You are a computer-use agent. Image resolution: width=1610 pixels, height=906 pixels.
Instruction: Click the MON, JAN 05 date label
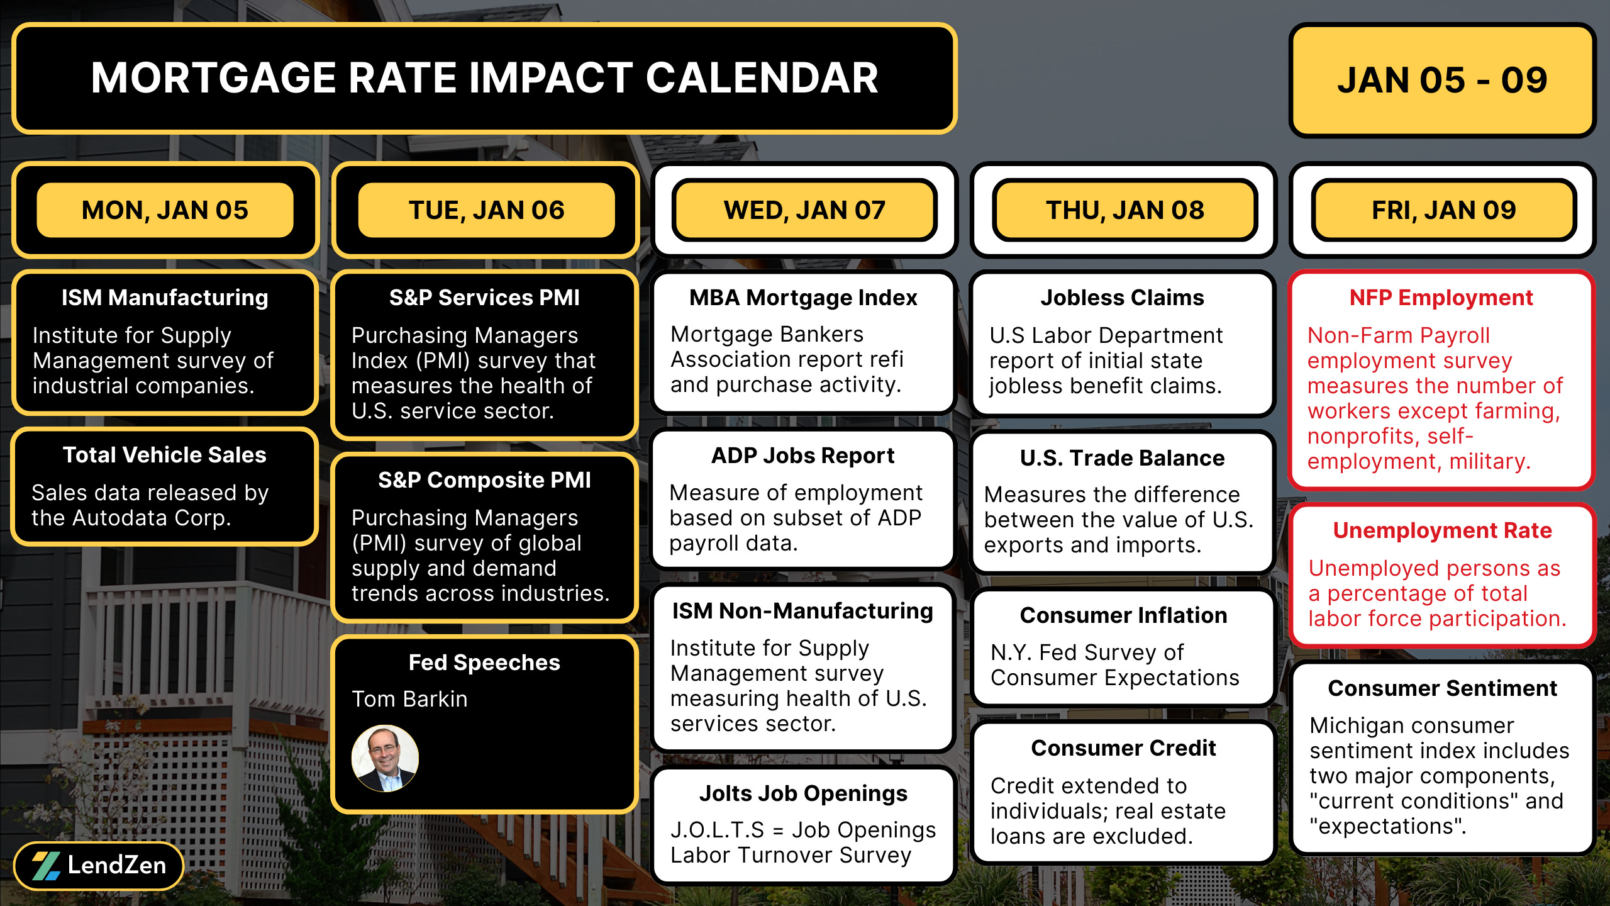(x=165, y=210)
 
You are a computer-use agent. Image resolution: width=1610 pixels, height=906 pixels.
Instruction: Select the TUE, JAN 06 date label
(x=486, y=210)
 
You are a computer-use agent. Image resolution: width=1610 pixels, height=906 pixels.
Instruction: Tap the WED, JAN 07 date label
(x=804, y=210)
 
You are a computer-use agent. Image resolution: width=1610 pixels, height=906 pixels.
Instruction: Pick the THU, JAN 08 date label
(x=1124, y=210)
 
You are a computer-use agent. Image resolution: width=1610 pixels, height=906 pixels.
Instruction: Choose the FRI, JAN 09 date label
(x=1443, y=210)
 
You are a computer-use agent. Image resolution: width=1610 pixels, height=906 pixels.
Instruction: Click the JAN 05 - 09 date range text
(x=1442, y=81)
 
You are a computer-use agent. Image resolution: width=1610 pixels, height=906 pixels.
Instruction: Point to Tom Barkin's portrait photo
(x=385, y=758)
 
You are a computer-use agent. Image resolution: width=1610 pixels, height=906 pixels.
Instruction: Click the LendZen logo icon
(x=46, y=866)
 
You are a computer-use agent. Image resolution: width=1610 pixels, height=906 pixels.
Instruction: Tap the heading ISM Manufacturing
(x=165, y=298)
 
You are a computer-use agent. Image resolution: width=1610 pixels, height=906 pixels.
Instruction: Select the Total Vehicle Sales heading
(x=165, y=455)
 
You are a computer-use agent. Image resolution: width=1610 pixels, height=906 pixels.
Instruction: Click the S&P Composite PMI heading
(x=484, y=480)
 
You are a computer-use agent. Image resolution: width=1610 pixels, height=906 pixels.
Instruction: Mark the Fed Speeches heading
(x=484, y=663)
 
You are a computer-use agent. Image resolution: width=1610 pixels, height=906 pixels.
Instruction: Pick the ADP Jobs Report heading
(x=803, y=456)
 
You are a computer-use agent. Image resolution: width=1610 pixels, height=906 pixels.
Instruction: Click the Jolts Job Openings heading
(x=803, y=793)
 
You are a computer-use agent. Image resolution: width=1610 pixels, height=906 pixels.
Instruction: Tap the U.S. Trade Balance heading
(x=1123, y=458)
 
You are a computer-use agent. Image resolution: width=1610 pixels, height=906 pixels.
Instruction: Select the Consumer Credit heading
(x=1123, y=748)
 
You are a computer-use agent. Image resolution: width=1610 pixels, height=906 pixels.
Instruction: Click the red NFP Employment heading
(x=1441, y=298)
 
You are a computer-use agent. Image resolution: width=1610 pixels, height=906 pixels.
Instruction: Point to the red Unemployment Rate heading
(x=1442, y=530)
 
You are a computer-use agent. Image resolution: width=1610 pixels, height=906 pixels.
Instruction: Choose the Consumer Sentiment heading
(x=1442, y=688)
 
